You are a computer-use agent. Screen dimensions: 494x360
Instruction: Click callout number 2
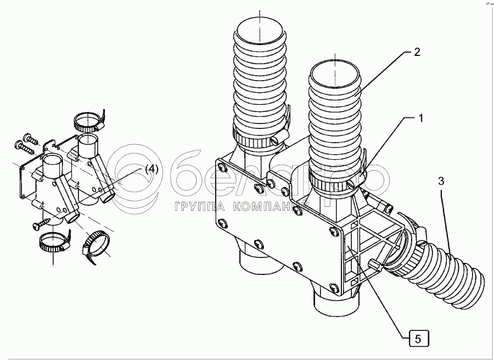(417, 53)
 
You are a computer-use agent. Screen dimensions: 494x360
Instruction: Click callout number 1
(421, 118)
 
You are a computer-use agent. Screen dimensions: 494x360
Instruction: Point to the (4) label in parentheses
(151, 170)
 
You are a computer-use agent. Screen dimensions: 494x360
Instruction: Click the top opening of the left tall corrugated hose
(259, 28)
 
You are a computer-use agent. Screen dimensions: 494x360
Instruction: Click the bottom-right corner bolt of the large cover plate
(334, 286)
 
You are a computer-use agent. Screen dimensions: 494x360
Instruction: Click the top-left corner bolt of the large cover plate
(220, 166)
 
